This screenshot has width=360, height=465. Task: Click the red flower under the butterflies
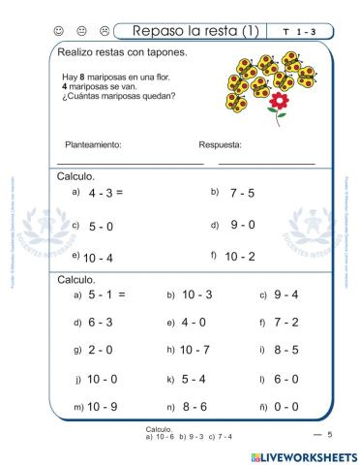(x=281, y=101)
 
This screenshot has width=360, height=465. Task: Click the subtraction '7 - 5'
(x=242, y=193)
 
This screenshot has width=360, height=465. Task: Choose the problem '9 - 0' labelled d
(x=242, y=225)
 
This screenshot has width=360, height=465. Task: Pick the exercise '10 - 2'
(x=239, y=257)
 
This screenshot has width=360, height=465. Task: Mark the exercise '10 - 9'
(x=103, y=406)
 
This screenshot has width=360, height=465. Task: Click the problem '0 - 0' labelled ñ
(x=287, y=406)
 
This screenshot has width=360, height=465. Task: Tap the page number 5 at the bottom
(x=329, y=435)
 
